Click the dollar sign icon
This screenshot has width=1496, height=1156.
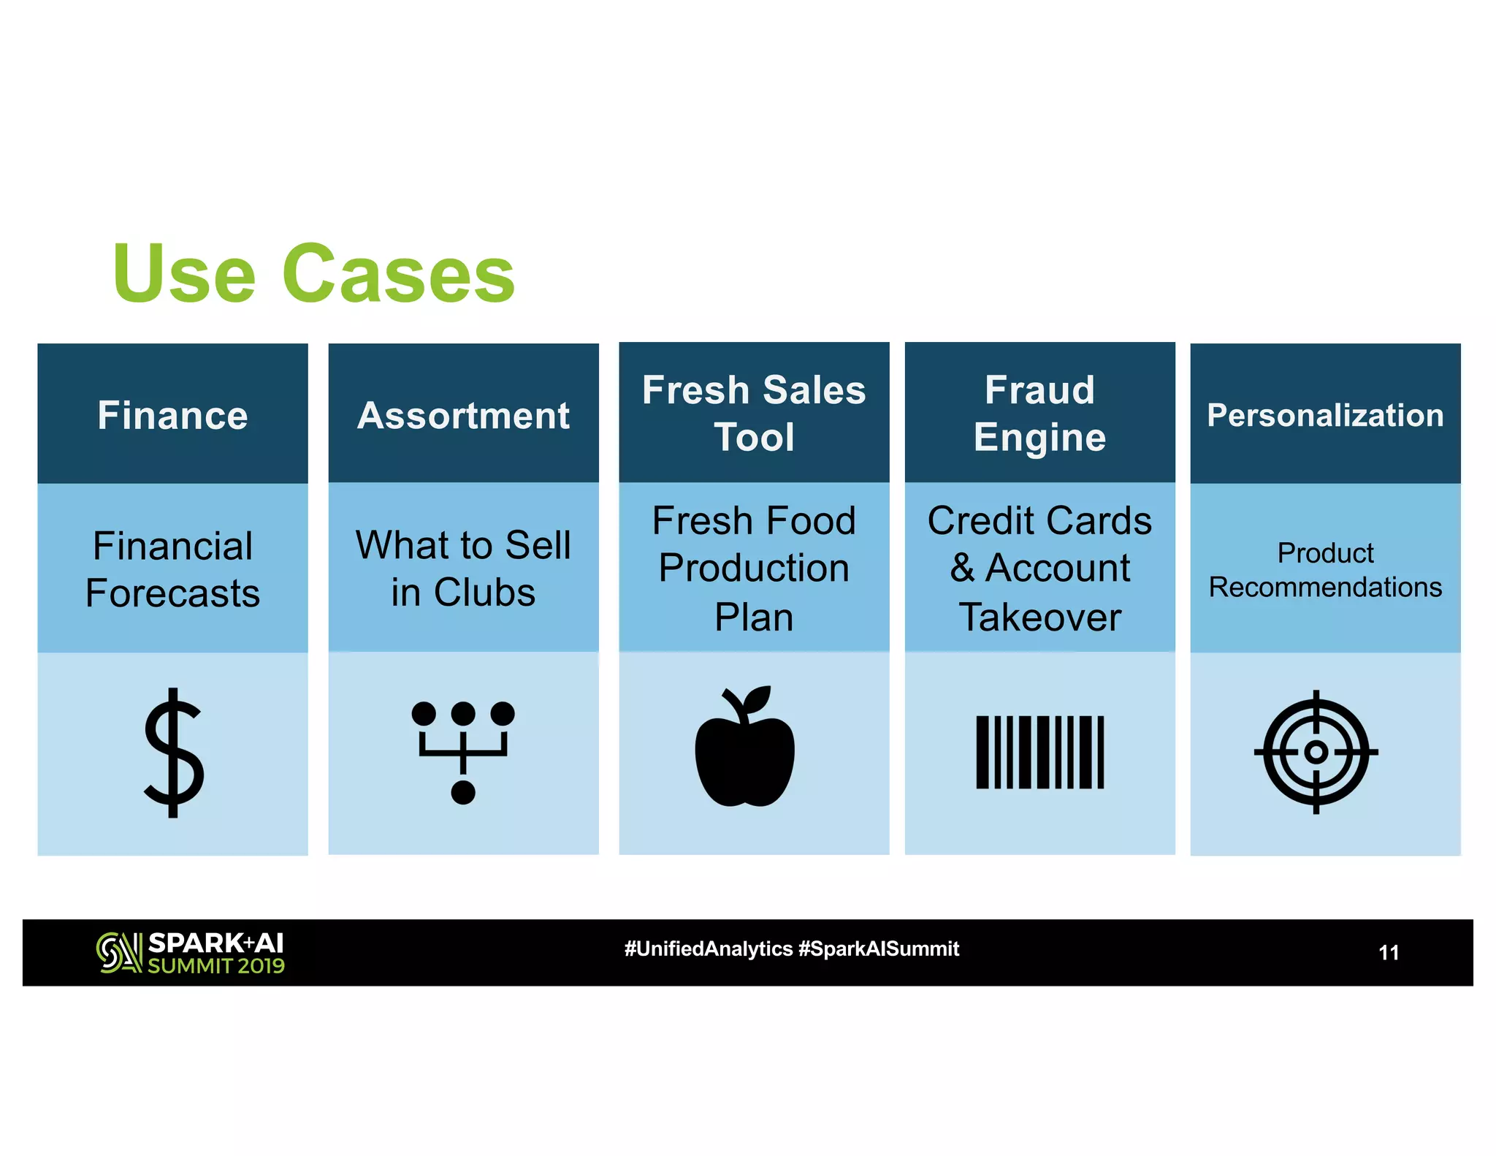(173, 752)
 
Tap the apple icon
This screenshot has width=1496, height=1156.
(744, 748)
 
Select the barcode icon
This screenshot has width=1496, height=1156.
(1039, 752)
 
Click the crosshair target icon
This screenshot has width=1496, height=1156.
(1316, 752)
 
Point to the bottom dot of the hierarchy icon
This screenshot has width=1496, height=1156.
(463, 792)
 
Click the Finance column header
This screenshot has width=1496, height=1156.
(172, 415)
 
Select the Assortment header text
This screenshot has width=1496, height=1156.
(463, 416)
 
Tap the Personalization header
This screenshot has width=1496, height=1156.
(1325, 415)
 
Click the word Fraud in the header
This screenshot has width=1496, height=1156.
(1039, 389)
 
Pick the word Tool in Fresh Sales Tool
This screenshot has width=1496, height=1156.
(754, 438)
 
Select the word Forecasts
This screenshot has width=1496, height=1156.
(172, 593)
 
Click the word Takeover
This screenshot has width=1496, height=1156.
(1039, 617)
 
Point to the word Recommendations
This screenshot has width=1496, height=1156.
(1325, 587)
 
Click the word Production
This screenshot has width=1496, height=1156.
(754, 568)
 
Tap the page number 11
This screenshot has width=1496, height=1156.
(1388, 953)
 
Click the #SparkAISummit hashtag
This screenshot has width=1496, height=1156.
(879, 949)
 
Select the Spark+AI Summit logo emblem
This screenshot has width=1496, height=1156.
(119, 953)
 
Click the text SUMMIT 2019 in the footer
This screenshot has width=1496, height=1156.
(216, 966)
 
